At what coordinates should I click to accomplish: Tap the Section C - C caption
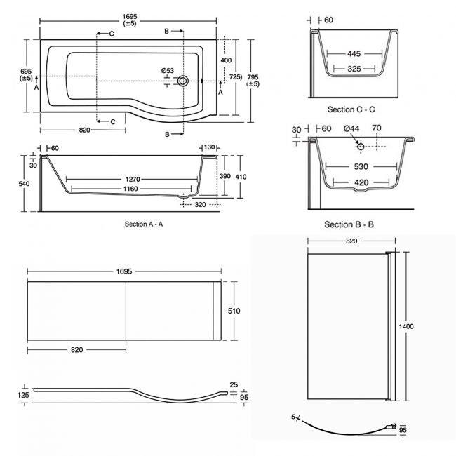coord(351,109)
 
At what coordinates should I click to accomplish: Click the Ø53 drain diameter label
coord(167,70)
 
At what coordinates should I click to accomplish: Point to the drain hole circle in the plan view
coord(183,81)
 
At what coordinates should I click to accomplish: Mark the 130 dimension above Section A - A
coord(208,147)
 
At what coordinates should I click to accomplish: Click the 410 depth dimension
coord(240,177)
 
